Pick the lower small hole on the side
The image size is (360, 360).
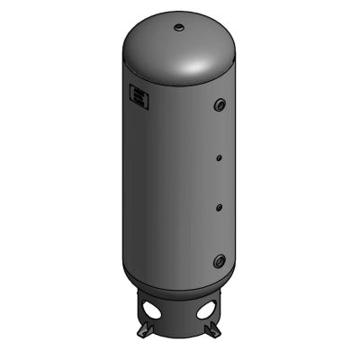[218, 208]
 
